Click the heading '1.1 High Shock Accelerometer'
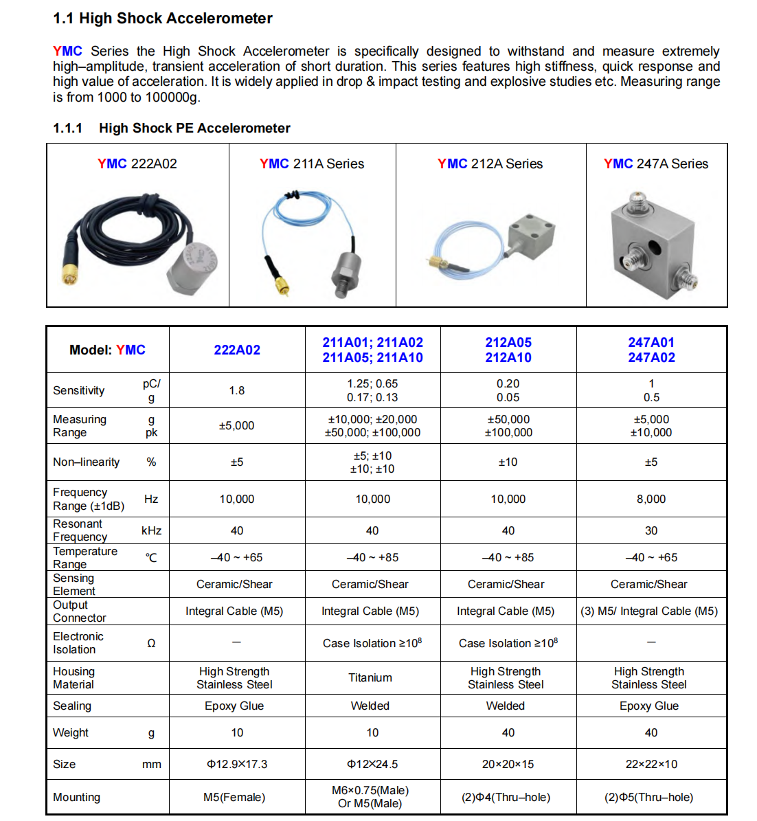coord(162,19)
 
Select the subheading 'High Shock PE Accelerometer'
coord(194,128)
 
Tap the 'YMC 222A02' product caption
coord(137,164)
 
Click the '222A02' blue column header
coord(237,350)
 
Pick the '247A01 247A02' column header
coord(651,350)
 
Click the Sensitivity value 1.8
coord(237,390)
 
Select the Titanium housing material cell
coord(370,677)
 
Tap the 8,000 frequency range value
coord(651,499)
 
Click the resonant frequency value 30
coord(651,530)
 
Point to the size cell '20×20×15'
coord(508,764)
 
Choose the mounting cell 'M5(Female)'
coord(234,797)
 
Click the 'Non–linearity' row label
coord(87,462)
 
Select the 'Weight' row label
coord(71,732)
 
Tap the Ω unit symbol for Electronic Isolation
coord(151,643)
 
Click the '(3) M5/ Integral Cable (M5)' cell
coord(649,611)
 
